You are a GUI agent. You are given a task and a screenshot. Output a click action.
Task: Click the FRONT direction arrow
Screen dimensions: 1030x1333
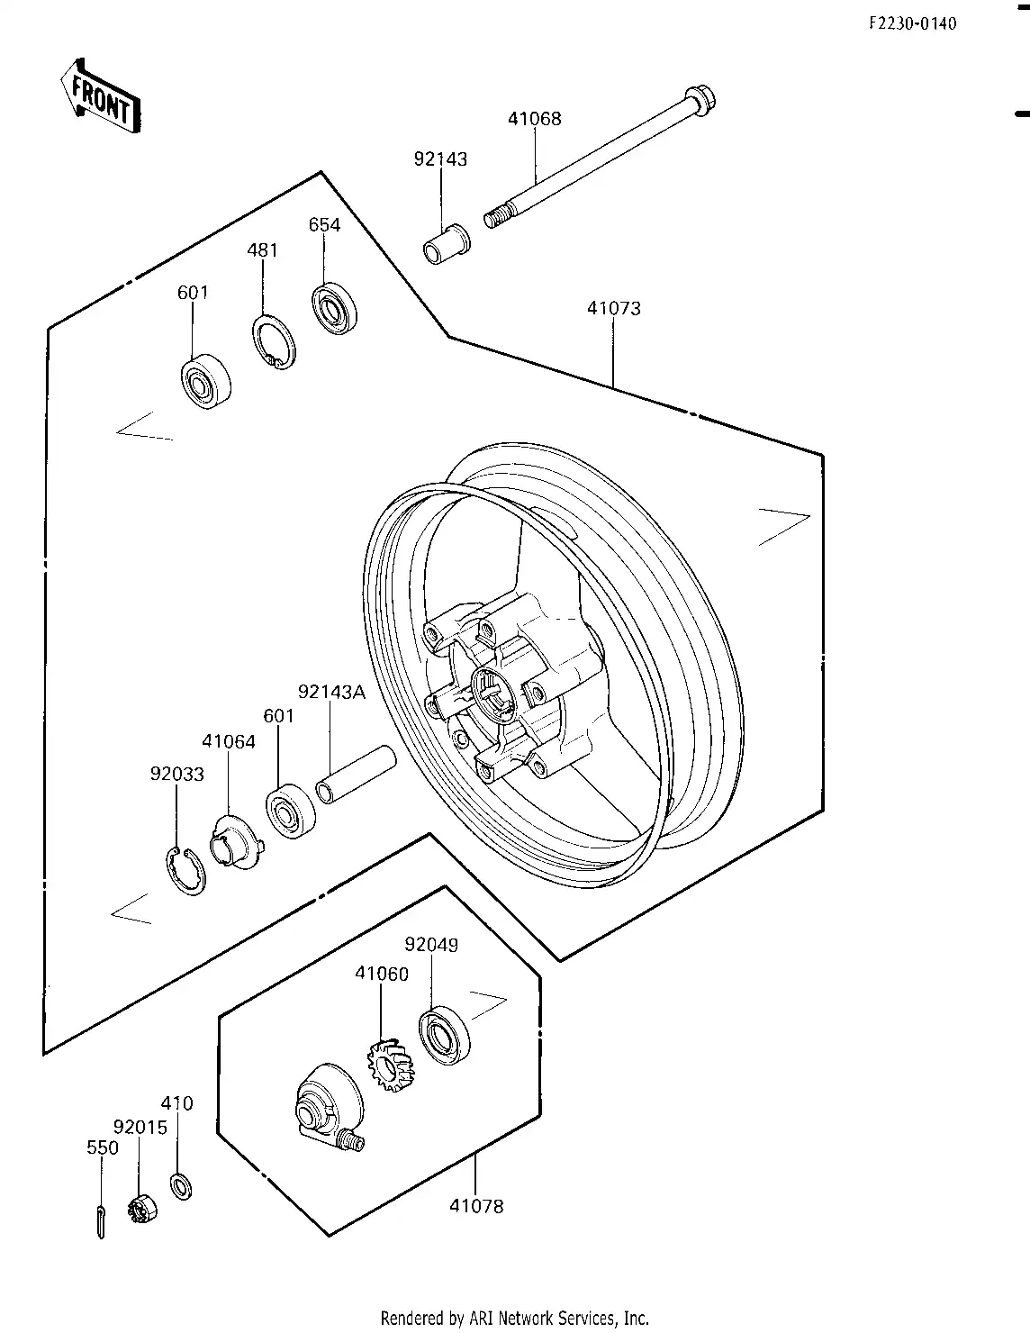pyautogui.click(x=101, y=97)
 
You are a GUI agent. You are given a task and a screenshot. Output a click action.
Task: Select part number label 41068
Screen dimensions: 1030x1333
pyautogui.click(x=534, y=118)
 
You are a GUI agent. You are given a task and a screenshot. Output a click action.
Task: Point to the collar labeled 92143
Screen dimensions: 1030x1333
pyautogui.click(x=447, y=245)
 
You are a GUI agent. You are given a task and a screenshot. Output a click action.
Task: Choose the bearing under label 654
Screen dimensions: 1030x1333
pyautogui.click(x=334, y=308)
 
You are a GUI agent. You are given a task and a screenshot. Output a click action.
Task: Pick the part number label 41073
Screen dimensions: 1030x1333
pyautogui.click(x=614, y=308)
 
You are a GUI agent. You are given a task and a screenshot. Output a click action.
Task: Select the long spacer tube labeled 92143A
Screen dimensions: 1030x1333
pyautogui.click(x=357, y=775)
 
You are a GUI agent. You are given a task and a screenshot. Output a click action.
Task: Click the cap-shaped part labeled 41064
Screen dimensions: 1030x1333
pyautogui.click(x=236, y=842)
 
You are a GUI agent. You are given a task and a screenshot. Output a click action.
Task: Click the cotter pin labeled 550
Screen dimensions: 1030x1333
pyautogui.click(x=101, y=1221)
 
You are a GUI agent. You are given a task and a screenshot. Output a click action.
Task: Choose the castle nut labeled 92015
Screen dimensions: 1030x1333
pyautogui.click(x=143, y=1211)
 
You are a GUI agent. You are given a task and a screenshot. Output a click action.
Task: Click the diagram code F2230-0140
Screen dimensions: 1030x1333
pyautogui.click(x=913, y=23)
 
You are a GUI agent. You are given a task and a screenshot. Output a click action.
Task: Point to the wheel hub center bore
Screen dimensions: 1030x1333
pyautogui.click(x=494, y=695)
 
